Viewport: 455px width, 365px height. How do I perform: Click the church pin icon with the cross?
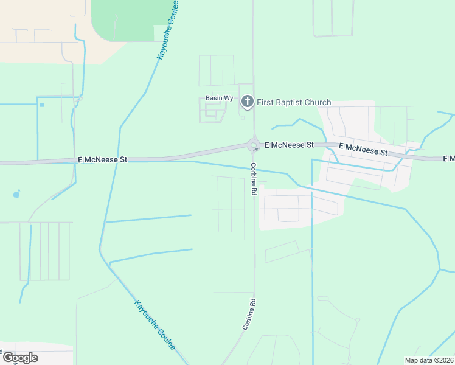(x=247, y=102)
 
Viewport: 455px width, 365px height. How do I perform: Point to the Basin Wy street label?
(x=219, y=98)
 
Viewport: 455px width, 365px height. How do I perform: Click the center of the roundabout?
(x=254, y=145)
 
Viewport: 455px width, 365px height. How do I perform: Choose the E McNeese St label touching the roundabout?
(x=289, y=145)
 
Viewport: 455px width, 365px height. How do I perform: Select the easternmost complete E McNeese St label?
(x=363, y=149)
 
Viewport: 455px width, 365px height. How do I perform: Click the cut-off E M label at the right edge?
(x=448, y=158)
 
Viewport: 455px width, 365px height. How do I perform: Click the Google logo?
(x=20, y=358)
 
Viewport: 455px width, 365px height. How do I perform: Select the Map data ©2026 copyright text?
(x=429, y=360)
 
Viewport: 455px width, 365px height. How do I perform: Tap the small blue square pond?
(x=42, y=105)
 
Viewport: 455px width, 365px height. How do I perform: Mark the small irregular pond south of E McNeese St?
(x=16, y=195)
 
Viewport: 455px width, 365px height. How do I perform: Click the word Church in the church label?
(x=318, y=102)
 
